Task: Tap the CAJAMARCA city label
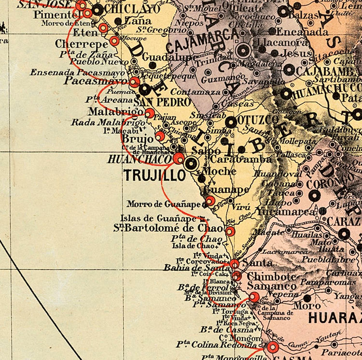click(202, 42)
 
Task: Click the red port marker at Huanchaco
click(179, 158)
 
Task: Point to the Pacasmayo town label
click(96, 81)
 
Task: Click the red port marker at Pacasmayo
click(134, 81)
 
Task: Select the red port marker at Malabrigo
click(150, 113)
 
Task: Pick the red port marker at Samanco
click(254, 296)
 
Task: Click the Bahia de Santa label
click(190, 267)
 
